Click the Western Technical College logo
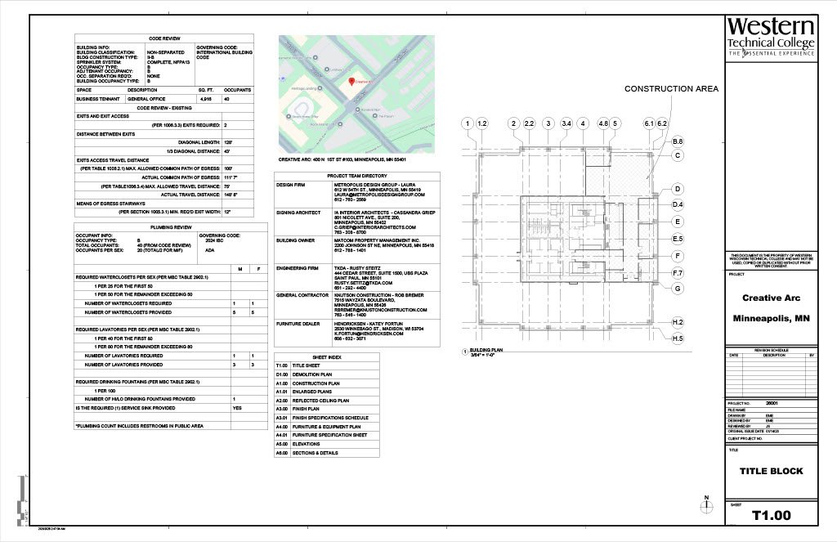pyautogui.click(x=771, y=37)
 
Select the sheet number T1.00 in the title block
pyautogui.click(x=771, y=516)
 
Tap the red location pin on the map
pyautogui.click(x=351, y=83)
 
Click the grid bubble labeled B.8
pyautogui.click(x=678, y=142)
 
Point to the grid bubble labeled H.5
pyautogui.click(x=678, y=338)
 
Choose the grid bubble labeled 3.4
pyautogui.click(x=566, y=123)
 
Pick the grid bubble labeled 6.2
pyautogui.click(x=663, y=123)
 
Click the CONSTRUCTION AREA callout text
pyautogui.click(x=671, y=89)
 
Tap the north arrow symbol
pyautogui.click(x=706, y=501)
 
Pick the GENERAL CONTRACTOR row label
pyautogui.click(x=298, y=294)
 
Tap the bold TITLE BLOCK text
pyautogui.click(x=771, y=471)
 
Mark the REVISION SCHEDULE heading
pyautogui.click(x=771, y=350)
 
